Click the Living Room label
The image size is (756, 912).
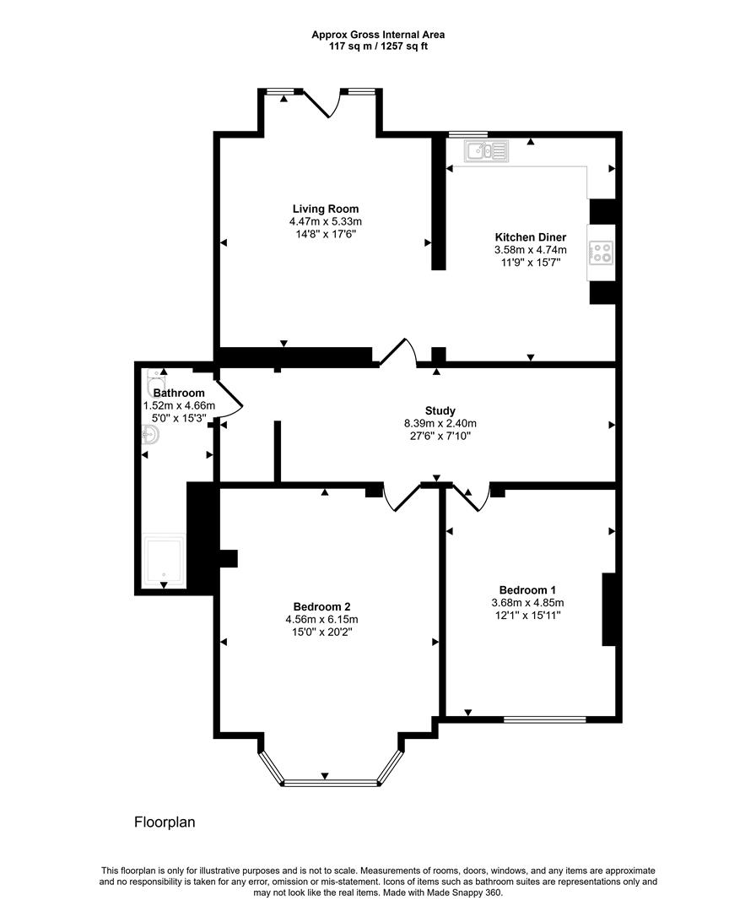click(326, 209)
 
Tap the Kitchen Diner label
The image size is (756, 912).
click(531, 237)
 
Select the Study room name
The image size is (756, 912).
click(440, 410)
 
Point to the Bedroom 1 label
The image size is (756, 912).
click(527, 589)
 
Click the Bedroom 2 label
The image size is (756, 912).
click(322, 606)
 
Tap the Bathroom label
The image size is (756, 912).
click(179, 394)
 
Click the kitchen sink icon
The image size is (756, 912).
click(486, 151)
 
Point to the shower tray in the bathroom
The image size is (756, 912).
click(165, 560)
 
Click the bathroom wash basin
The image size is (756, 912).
click(150, 435)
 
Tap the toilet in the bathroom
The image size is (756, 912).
click(156, 383)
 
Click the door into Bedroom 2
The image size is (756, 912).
click(402, 498)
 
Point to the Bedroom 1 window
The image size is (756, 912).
click(544, 719)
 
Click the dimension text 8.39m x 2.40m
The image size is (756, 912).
click(440, 423)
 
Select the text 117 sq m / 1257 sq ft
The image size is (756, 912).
click(378, 46)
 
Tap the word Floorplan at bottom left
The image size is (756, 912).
click(165, 822)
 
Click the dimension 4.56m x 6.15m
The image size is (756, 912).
click(322, 620)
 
